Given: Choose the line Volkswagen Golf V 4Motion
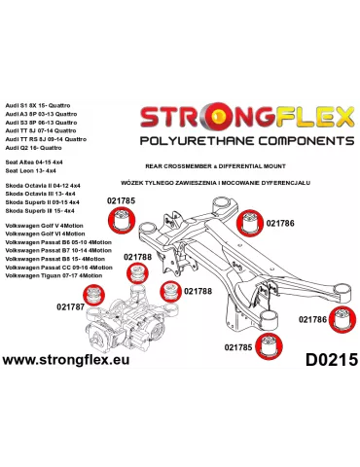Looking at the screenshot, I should (54, 232).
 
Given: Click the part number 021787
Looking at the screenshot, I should (70, 306).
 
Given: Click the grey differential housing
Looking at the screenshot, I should (136, 321).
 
